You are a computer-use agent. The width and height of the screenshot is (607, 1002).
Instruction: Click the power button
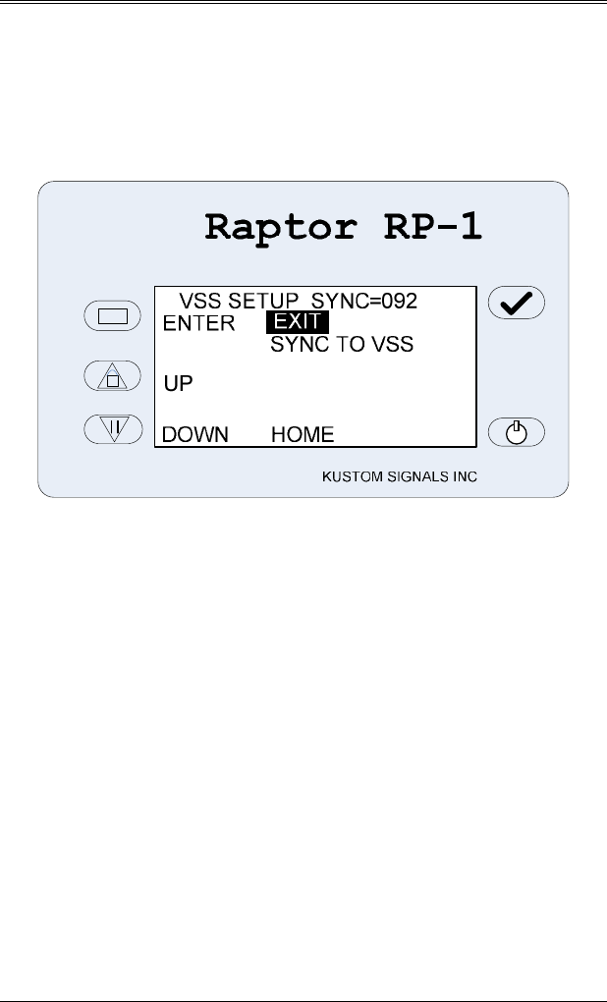(517, 430)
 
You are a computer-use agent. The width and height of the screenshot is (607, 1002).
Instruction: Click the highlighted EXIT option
(298, 322)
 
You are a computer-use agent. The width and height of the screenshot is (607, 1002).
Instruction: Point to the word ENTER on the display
(199, 323)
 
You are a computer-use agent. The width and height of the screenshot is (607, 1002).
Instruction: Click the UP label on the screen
(178, 384)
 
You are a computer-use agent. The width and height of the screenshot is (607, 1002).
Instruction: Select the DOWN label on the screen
(195, 434)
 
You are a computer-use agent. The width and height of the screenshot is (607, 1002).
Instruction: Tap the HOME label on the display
(303, 434)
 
